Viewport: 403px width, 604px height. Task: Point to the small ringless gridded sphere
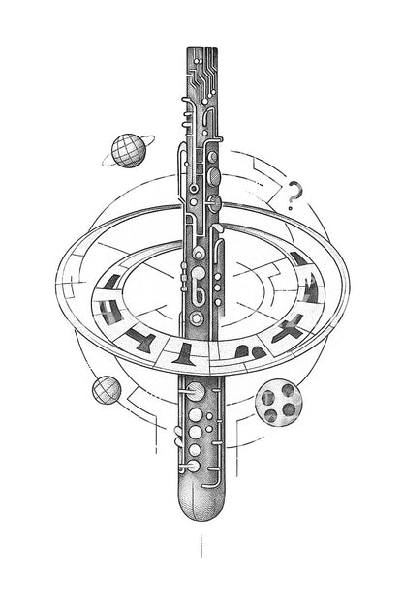click(107, 390)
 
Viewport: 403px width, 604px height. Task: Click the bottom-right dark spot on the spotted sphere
click(288, 409)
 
